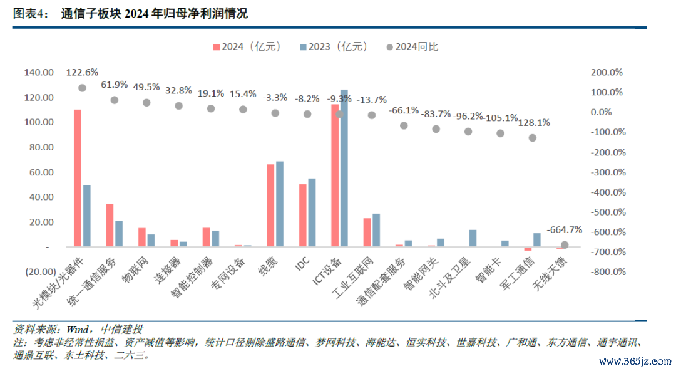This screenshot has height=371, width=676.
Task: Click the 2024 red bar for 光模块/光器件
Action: pos(78,178)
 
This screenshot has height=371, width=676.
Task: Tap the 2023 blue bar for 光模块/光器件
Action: pos(86,216)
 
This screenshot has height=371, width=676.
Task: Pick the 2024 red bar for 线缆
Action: pos(270,206)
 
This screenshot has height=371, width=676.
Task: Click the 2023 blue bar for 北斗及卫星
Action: pos(473,238)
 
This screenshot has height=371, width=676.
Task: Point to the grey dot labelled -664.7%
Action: pos(565,245)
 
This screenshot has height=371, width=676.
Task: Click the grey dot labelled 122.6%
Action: pos(82,88)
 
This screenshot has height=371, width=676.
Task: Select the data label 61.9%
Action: pos(115,85)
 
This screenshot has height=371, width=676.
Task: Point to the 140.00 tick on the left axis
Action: pos(39,73)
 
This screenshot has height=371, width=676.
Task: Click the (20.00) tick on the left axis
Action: pos(39,272)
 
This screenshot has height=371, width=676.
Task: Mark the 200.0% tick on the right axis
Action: pos(607,73)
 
